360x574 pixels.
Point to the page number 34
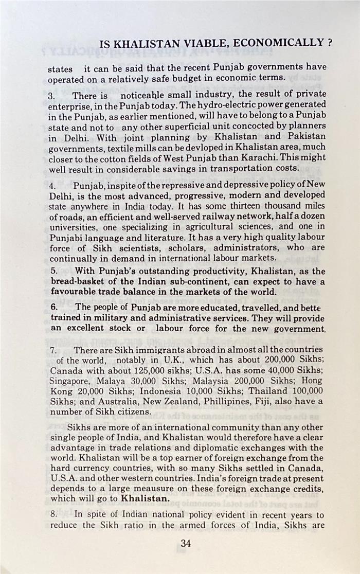(x=187, y=543)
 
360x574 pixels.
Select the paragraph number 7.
(x=52, y=350)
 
